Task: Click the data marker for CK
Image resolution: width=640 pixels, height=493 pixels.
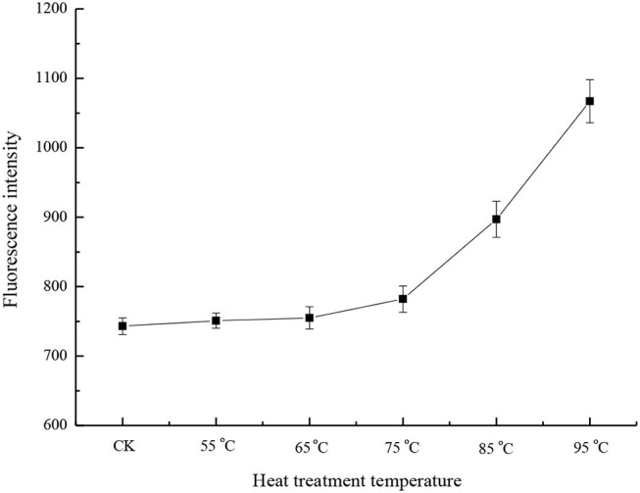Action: (x=123, y=325)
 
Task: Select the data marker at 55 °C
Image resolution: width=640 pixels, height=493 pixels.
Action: (x=216, y=320)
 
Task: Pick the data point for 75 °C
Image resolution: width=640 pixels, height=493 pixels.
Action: (x=403, y=299)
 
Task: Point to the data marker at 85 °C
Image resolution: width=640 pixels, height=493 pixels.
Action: (x=496, y=219)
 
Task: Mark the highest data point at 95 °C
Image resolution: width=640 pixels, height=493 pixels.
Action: (x=590, y=101)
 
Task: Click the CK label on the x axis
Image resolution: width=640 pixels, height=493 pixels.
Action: (x=123, y=448)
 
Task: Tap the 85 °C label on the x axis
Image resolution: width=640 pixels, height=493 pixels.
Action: (x=496, y=448)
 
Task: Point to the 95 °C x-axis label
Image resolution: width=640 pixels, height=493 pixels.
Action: (x=590, y=448)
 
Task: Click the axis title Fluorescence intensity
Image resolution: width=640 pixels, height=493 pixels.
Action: (x=13, y=217)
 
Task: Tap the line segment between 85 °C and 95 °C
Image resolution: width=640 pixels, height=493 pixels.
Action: (x=543, y=160)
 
